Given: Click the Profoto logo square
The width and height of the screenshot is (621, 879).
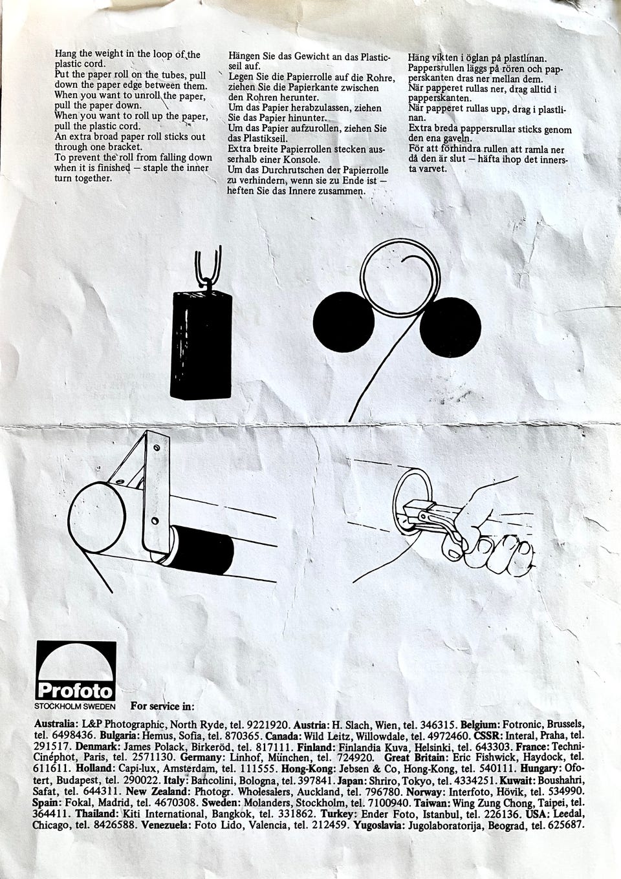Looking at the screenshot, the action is point(76,671).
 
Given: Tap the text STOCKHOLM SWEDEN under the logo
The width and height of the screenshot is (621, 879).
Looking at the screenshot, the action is point(75,706).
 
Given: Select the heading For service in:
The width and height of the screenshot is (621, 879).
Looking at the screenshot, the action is point(162,706).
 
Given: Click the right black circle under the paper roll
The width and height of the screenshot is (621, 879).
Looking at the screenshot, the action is point(450,327).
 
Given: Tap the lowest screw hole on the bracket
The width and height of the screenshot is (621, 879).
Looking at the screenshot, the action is point(155,520).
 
